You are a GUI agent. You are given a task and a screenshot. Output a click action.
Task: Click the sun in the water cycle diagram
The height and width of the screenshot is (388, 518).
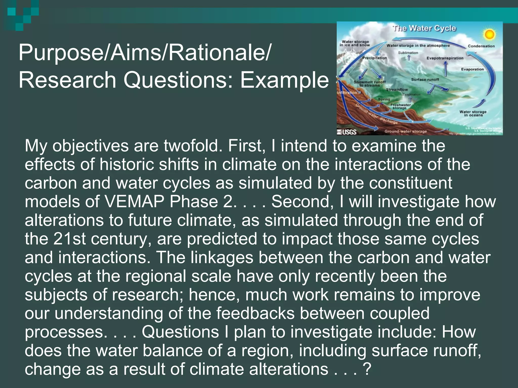coord(489,34)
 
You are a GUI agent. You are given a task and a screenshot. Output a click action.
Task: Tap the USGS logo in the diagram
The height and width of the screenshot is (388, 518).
coord(347,132)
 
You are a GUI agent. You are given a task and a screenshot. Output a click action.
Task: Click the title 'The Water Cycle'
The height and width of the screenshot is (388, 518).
coord(424,28)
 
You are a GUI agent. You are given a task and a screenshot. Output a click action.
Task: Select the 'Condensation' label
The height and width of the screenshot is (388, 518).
coord(481,46)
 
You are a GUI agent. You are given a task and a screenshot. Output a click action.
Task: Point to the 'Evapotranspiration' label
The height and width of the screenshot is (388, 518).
coord(445,58)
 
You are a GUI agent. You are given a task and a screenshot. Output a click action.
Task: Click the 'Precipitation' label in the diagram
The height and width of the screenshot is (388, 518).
coord(375,58)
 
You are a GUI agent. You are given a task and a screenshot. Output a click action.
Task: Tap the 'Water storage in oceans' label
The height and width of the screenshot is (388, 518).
coord(473,113)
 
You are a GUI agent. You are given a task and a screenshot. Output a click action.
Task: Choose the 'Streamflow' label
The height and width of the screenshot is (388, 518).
coord(397,90)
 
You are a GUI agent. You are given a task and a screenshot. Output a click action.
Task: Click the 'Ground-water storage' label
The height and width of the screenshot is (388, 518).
coord(405,131)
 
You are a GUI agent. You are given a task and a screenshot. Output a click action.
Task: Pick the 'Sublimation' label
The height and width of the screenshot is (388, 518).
coord(408,53)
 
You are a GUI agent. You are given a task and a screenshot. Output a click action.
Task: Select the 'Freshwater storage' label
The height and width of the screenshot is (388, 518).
coord(400,106)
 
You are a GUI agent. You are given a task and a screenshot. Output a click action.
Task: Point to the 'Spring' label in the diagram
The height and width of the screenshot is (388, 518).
coord(384,100)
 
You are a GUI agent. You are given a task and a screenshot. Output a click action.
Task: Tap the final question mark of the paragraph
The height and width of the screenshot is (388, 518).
coord(367,369)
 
